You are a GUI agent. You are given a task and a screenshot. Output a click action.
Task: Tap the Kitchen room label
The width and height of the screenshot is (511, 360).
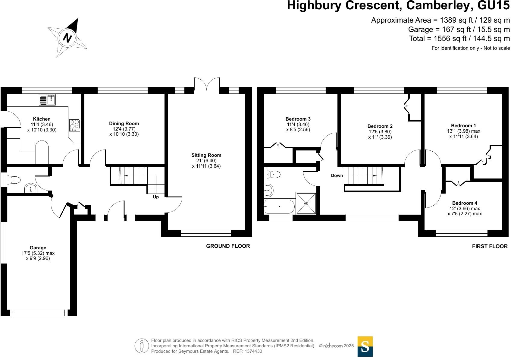pyautogui.click(x=42, y=119)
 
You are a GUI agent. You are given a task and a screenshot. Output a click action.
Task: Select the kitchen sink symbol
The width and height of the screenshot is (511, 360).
pyautogui.click(x=47, y=100)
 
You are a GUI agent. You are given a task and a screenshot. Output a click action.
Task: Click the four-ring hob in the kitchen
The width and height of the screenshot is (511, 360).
pyautogui.click(x=75, y=124)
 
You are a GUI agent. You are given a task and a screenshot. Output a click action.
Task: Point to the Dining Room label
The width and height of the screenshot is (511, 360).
pyautogui.click(x=124, y=123)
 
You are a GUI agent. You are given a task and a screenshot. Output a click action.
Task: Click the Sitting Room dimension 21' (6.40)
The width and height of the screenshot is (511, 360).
pyautogui.click(x=206, y=161)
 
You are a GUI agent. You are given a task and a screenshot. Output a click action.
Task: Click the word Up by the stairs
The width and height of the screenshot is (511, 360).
pyautogui.click(x=156, y=197)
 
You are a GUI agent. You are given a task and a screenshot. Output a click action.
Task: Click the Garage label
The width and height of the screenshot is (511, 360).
pyautogui.click(x=38, y=248)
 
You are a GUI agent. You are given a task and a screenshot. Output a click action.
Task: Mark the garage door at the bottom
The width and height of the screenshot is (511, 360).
pyautogui.click(x=39, y=313)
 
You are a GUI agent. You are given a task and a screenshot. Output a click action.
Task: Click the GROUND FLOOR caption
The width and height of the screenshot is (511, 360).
pyautogui.click(x=228, y=246)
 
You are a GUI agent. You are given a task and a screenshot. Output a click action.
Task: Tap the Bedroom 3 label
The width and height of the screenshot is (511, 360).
pyautogui.click(x=298, y=119)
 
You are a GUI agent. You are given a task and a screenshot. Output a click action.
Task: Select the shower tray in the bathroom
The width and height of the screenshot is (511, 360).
pyautogui.click(x=306, y=203)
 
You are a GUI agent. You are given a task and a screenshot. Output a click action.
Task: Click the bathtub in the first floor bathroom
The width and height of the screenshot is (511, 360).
pyautogui.click(x=279, y=207)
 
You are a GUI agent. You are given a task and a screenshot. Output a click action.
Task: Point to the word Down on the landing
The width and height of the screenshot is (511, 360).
pyautogui.click(x=337, y=175)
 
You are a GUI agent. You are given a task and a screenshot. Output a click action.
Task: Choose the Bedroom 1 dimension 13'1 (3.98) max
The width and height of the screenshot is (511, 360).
pyautogui.click(x=463, y=131)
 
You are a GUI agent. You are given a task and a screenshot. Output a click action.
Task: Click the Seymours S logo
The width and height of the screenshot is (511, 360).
pyautogui.click(x=365, y=346)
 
